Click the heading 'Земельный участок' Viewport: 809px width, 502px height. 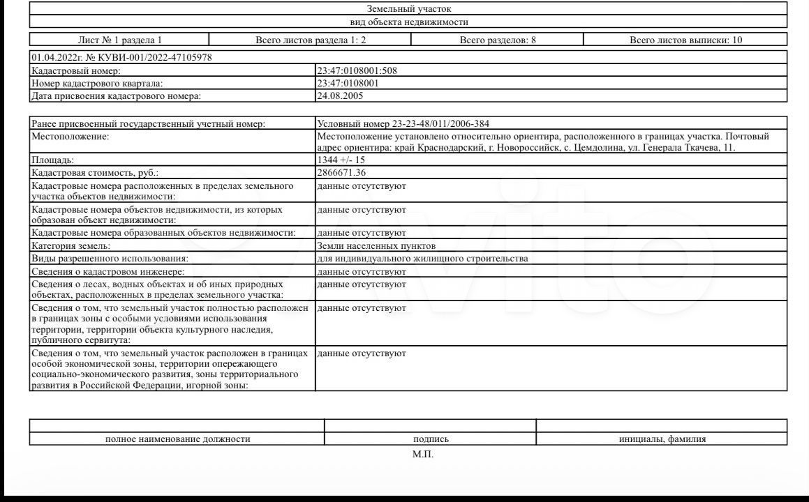point(409,9)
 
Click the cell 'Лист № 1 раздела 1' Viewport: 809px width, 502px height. point(119,40)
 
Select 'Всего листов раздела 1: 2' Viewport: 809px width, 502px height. point(311,40)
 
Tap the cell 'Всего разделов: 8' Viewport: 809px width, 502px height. point(498,40)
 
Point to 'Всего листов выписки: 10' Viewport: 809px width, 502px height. point(685,40)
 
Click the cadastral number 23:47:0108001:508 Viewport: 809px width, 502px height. point(357,70)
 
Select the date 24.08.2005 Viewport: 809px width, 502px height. point(340,96)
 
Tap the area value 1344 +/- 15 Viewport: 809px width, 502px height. point(341,160)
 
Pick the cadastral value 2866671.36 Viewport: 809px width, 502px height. point(341,172)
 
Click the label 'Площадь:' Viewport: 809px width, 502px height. point(52,160)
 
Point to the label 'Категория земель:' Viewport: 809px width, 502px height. point(71,245)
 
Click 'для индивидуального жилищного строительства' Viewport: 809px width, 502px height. point(422,258)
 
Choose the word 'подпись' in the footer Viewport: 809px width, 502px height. point(431,439)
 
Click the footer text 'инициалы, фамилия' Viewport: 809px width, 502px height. point(662,439)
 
